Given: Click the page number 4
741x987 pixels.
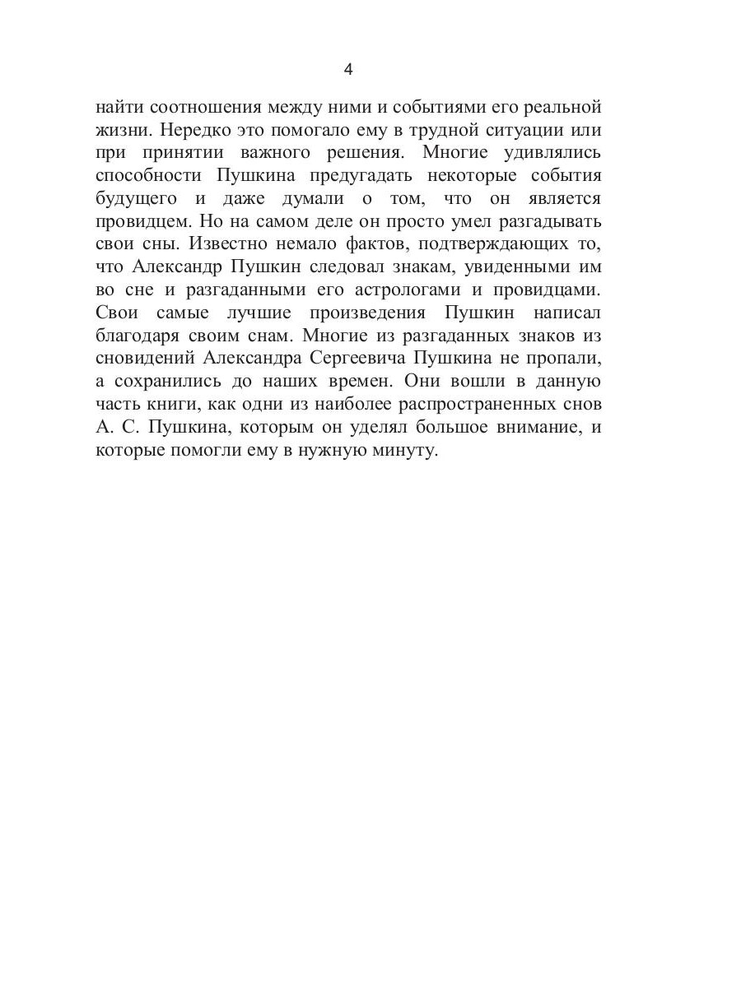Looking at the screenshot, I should (x=347, y=70).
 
